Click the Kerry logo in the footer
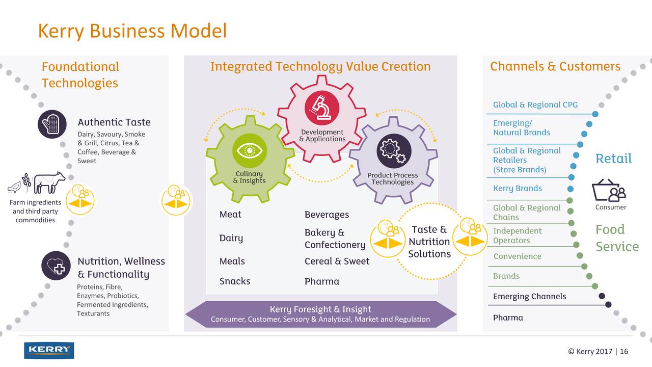point(49,350)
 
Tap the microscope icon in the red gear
point(321,108)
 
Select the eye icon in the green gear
point(250,150)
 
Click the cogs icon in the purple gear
point(394,151)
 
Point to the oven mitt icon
point(52,124)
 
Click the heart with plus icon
point(56,266)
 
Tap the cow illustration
point(49,182)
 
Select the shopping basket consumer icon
point(609,190)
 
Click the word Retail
point(614,159)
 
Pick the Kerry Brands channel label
point(518,189)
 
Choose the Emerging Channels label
point(529,297)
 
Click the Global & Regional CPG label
point(535,105)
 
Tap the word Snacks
point(235,281)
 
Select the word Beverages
point(327,215)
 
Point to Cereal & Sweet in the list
point(337,261)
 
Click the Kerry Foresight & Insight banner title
point(320,309)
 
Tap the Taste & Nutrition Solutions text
point(429,242)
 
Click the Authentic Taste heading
point(114,122)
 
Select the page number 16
point(624,351)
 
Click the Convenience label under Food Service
point(517,256)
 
